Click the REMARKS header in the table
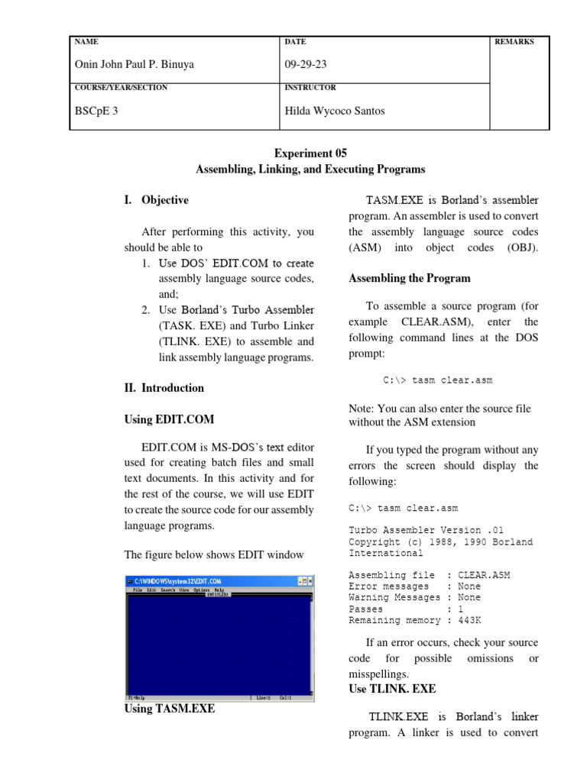pyautogui.click(x=515, y=42)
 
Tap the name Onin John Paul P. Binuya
pyautogui.click(x=134, y=65)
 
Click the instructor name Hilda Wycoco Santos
pyautogui.click(x=335, y=111)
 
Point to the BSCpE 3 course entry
pyautogui.click(x=96, y=111)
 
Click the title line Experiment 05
pyautogui.click(x=310, y=153)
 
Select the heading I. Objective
pyautogui.click(x=156, y=200)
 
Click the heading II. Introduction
pyautogui.click(x=164, y=388)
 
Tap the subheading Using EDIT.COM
pyautogui.click(x=169, y=419)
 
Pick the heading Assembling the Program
pyautogui.click(x=410, y=278)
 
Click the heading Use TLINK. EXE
pyautogui.click(x=392, y=688)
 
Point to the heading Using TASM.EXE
pyautogui.click(x=169, y=709)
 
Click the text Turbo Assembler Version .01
pyautogui.click(x=426, y=530)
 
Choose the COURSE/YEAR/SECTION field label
pyautogui.click(x=121, y=88)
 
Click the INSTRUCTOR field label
pyautogui.click(x=310, y=88)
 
